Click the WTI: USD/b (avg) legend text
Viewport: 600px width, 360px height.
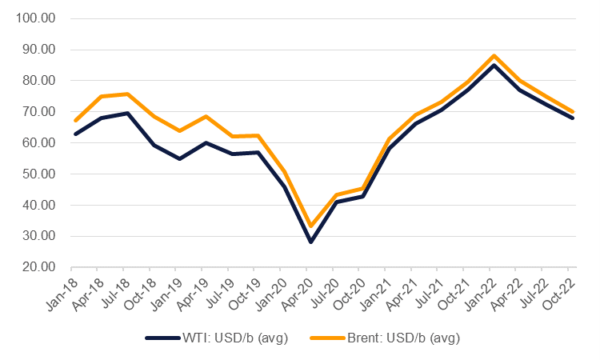coord(235,338)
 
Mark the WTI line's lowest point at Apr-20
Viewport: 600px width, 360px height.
coord(310,242)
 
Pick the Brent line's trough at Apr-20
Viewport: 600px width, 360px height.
coord(310,226)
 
